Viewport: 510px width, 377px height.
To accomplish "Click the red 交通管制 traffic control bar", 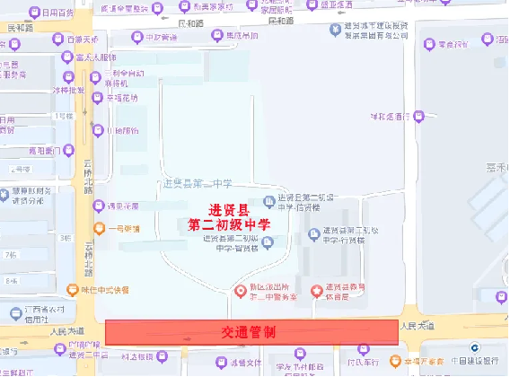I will click(x=251, y=332).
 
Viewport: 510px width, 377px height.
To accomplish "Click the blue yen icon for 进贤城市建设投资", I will click(x=334, y=28).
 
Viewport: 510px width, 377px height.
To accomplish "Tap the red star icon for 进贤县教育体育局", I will click(x=316, y=290).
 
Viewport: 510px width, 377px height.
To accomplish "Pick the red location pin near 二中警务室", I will click(x=239, y=290).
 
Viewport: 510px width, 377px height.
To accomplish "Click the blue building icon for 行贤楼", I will click(x=313, y=234).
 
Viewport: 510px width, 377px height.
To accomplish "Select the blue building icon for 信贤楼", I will click(x=268, y=202).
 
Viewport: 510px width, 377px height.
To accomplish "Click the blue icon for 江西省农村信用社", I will click(x=14, y=312).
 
